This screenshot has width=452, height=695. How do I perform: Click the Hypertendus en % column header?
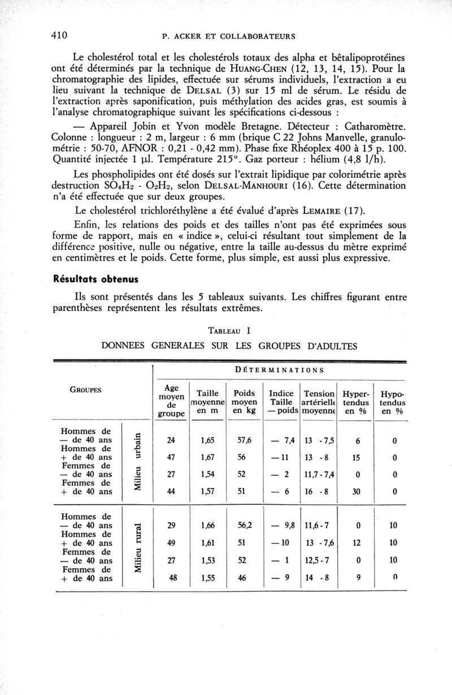(357, 401)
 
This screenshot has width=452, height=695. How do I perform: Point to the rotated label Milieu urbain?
(137, 461)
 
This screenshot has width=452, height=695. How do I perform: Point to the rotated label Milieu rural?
(137, 547)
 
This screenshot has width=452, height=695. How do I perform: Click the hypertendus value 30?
(356, 491)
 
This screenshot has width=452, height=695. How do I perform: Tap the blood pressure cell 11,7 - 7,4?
(319, 474)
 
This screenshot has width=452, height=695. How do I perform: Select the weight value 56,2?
(245, 525)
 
